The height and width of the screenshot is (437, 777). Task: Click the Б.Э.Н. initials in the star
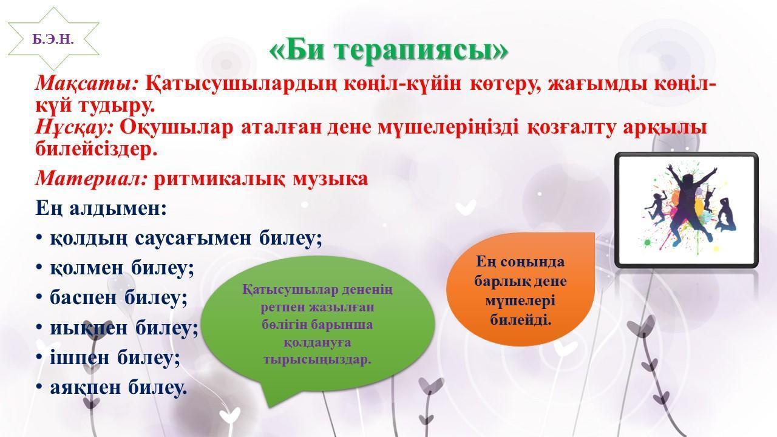pyautogui.click(x=53, y=39)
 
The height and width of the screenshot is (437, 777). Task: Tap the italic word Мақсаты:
pyautogui.click(x=87, y=84)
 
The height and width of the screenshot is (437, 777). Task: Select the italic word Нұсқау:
pyautogui.click(x=74, y=127)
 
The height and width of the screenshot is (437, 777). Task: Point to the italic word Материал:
pyautogui.click(x=92, y=179)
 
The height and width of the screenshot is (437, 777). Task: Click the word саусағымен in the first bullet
pyautogui.click(x=192, y=239)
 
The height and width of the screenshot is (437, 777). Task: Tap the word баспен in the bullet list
pyautogui.click(x=83, y=298)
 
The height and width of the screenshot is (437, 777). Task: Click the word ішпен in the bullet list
pyautogui.click(x=80, y=357)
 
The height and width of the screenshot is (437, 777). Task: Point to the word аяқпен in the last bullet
pyautogui.click(x=86, y=388)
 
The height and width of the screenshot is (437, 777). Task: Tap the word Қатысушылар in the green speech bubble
pyautogui.click(x=290, y=290)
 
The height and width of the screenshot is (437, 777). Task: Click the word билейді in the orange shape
pyautogui.click(x=520, y=319)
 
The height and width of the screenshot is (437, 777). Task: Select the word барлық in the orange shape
pyautogui.click(x=495, y=281)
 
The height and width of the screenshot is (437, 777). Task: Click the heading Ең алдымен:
pyautogui.click(x=101, y=209)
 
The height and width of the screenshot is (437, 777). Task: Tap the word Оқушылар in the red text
pyautogui.click(x=177, y=127)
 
